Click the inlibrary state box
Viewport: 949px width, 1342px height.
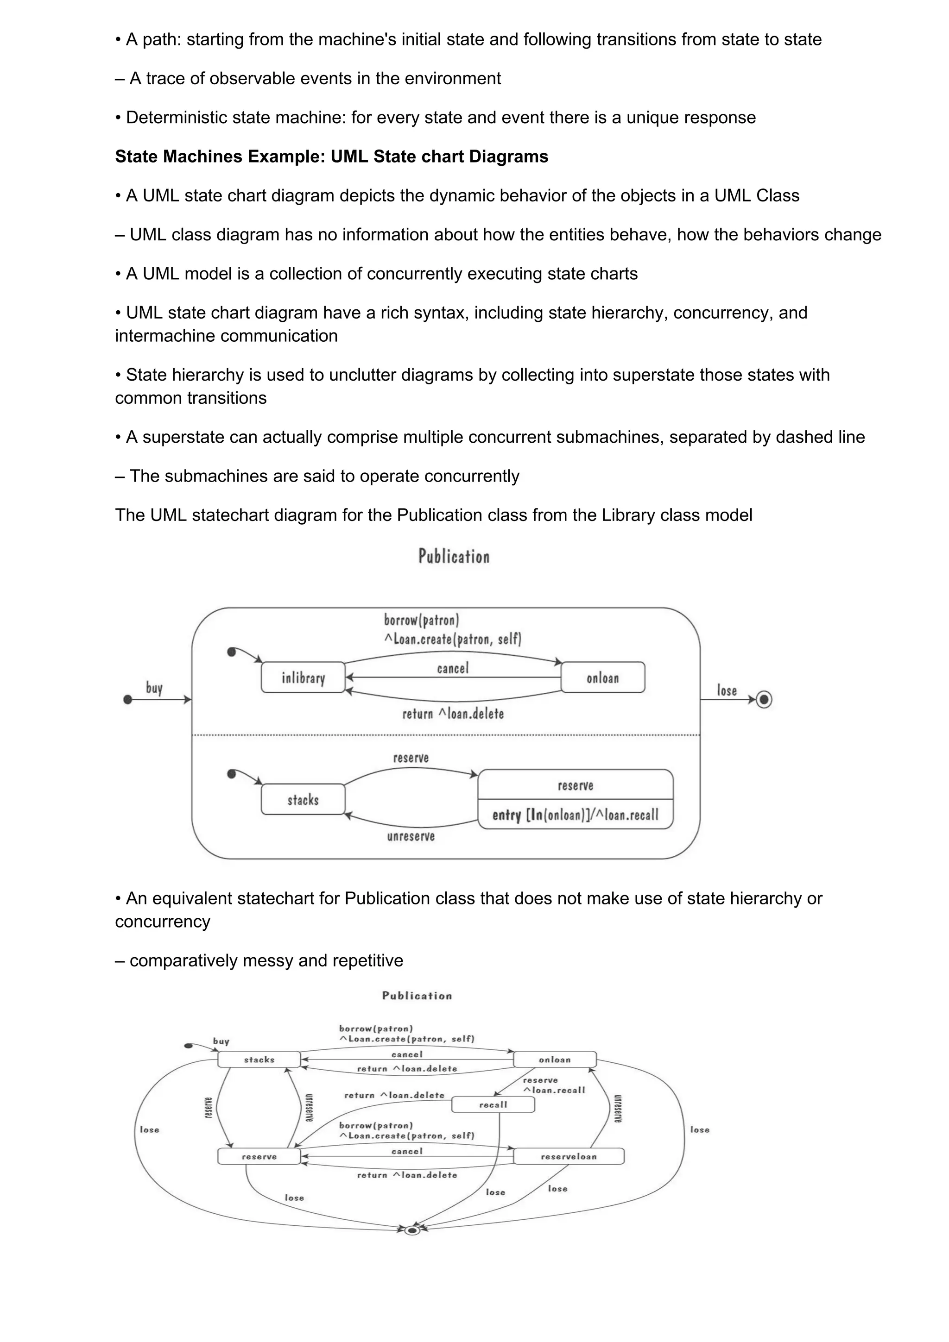tap(303, 677)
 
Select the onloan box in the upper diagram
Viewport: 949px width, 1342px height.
tap(602, 677)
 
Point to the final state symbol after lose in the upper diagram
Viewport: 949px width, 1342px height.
tap(764, 700)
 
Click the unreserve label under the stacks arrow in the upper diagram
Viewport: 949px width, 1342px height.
tap(411, 836)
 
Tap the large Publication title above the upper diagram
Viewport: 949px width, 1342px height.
tap(454, 556)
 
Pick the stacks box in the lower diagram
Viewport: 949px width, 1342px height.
tap(259, 1059)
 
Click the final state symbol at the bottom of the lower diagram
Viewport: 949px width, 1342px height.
tap(412, 1230)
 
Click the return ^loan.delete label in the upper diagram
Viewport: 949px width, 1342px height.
tap(453, 714)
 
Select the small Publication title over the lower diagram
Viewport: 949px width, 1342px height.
tap(417, 996)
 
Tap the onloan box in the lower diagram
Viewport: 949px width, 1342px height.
tap(554, 1059)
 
